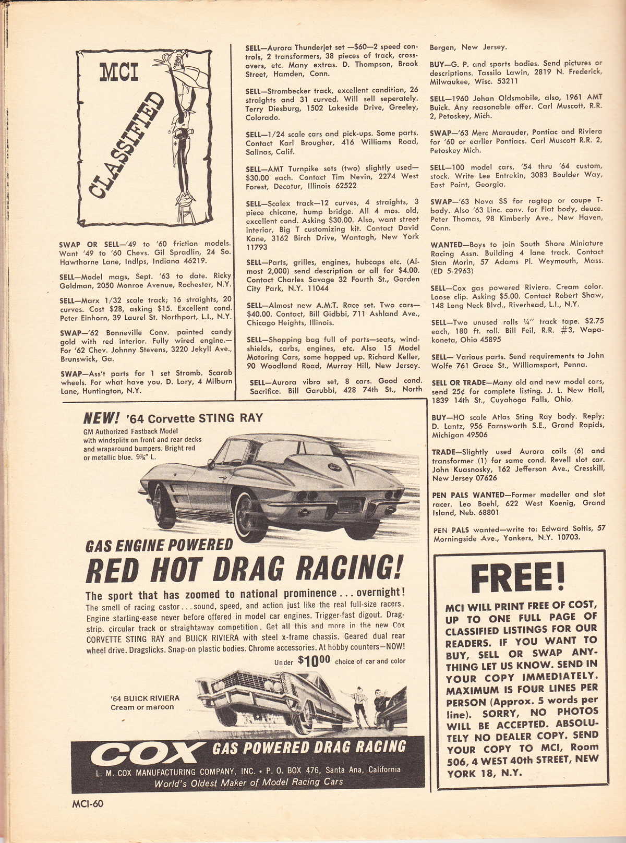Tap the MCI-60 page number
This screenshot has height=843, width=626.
pyautogui.click(x=87, y=803)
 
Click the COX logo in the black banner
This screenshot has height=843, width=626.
pyautogui.click(x=147, y=753)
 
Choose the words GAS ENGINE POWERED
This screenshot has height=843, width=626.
pyautogui.click(x=159, y=545)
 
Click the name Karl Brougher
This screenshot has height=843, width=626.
pyautogui.click(x=298, y=143)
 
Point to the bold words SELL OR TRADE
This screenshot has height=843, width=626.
pyautogui.click(x=460, y=382)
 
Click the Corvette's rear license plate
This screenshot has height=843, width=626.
pyautogui.click(x=352, y=505)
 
